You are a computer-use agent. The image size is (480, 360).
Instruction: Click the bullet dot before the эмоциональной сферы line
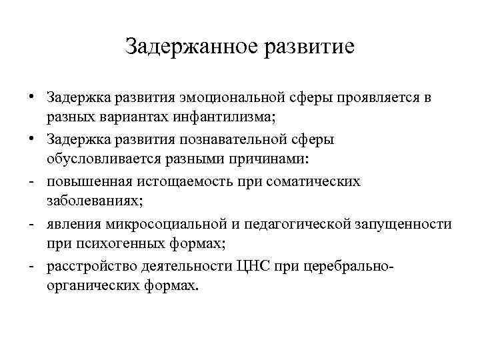click(31, 98)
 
